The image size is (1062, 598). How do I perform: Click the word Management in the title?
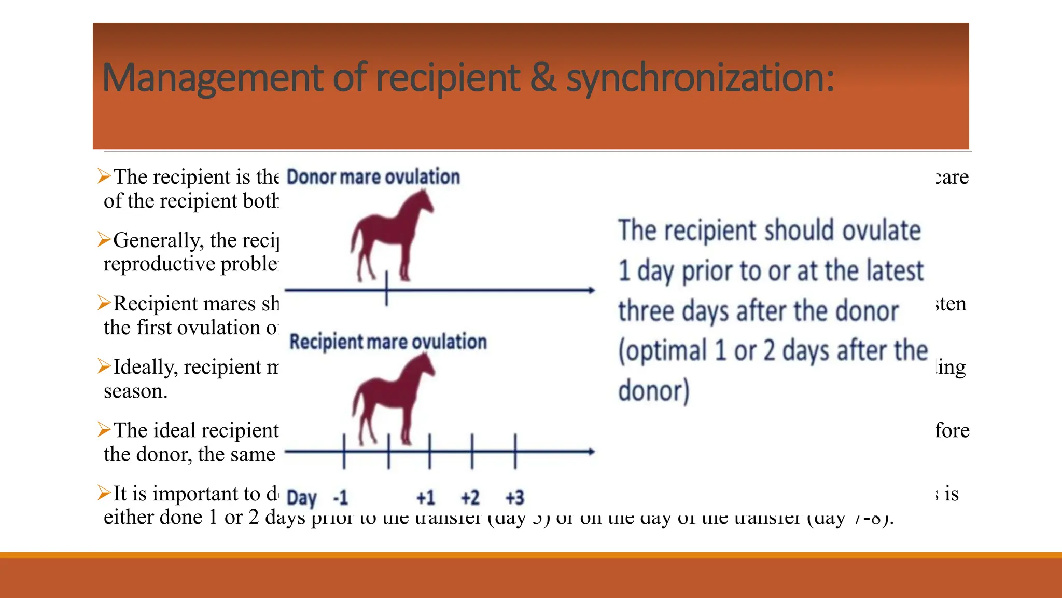[x=213, y=78]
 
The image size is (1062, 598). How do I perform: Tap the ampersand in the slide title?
[x=542, y=78]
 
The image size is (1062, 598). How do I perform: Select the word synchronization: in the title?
[x=700, y=78]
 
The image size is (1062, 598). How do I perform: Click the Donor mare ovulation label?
[x=373, y=177]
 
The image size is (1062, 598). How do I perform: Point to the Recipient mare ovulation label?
[x=388, y=342]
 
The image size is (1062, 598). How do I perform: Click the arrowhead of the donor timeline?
[x=591, y=290]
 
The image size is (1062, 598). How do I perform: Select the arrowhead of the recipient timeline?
[x=591, y=452]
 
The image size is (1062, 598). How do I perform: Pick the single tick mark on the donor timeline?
[x=387, y=289]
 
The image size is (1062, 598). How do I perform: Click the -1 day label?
[x=340, y=498]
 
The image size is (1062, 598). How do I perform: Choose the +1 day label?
[x=426, y=498]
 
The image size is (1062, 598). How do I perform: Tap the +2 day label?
[x=470, y=498]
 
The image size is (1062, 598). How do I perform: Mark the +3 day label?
[x=515, y=498]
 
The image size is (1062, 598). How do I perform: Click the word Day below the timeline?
[x=301, y=498]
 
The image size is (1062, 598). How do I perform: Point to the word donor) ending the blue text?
[x=653, y=390]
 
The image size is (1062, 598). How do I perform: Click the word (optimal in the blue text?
[x=662, y=351]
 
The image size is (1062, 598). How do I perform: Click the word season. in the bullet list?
[x=135, y=391]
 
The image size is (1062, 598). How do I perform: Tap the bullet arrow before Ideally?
[x=104, y=366]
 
